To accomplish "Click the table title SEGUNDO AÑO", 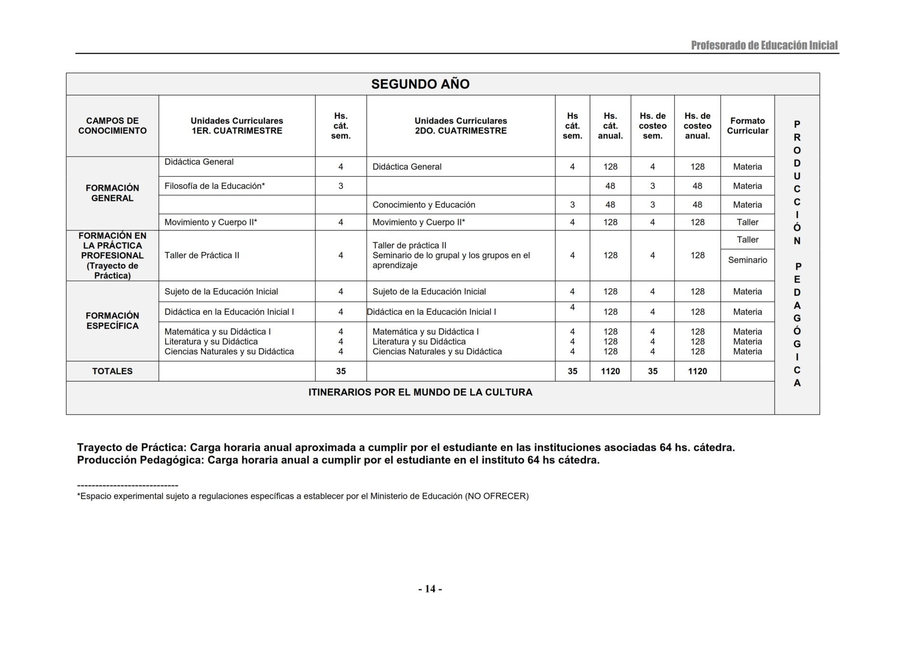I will point(420,84).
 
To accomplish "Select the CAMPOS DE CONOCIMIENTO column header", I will point(112,126).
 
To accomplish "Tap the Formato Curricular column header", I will point(747,126).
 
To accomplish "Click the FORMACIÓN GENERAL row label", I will point(112,193).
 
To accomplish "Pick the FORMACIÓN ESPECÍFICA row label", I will point(112,321).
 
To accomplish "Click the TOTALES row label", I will point(112,371).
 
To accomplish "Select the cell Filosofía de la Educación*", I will point(215,186).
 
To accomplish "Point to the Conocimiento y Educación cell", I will point(424,205).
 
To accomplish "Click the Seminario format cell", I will point(747,260).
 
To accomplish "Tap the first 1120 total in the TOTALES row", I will point(610,371).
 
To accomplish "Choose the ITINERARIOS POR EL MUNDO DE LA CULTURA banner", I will point(420,393).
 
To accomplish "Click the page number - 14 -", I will point(430,589).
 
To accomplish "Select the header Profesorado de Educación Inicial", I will point(764,46).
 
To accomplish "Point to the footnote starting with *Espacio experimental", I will point(302,496).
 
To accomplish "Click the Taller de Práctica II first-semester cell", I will point(202,255).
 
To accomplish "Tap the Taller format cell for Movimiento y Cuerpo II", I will point(747,222).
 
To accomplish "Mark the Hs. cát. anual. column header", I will point(610,126).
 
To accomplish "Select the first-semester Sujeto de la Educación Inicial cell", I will point(221,291).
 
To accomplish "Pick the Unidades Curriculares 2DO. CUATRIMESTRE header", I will point(460,126).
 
